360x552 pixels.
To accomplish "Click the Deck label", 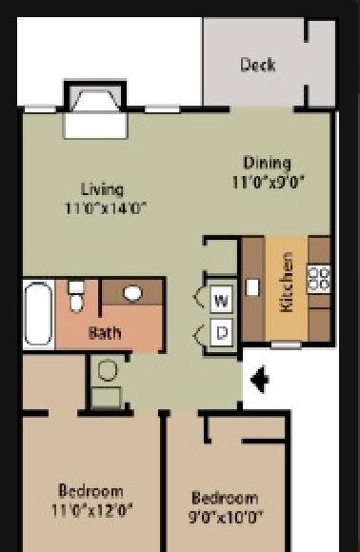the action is pyautogui.click(x=258, y=65).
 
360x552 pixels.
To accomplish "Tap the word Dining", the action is pyautogui.click(x=268, y=163).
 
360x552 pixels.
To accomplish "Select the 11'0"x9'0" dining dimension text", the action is pyautogui.click(x=268, y=183).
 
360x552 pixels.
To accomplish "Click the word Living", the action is pyautogui.click(x=102, y=190).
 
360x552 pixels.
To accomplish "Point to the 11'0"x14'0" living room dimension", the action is pyautogui.click(x=105, y=208).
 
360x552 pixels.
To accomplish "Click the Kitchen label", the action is pyautogui.click(x=287, y=282).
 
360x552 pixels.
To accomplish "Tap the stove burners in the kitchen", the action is pyautogui.click(x=319, y=280).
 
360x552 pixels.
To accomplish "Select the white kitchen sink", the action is pyautogui.click(x=252, y=287).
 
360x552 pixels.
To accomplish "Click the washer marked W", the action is pyautogui.click(x=221, y=300).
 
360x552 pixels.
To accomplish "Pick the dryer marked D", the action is pyautogui.click(x=221, y=333).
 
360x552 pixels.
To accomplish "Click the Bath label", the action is pyautogui.click(x=105, y=333).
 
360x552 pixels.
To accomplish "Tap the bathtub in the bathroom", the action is pyautogui.click(x=38, y=315).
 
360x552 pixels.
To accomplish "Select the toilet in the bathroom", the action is pyautogui.click(x=76, y=297).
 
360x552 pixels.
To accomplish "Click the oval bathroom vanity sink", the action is pyautogui.click(x=132, y=293).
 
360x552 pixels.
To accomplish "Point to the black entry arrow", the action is pyautogui.click(x=260, y=380).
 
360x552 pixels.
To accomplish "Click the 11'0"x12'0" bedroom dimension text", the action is pyautogui.click(x=92, y=510).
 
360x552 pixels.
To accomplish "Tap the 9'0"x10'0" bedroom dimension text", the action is pyautogui.click(x=226, y=517).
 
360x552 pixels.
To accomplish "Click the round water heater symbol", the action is pyautogui.click(x=108, y=370).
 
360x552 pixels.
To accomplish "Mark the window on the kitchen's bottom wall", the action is pyautogui.click(x=286, y=345).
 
